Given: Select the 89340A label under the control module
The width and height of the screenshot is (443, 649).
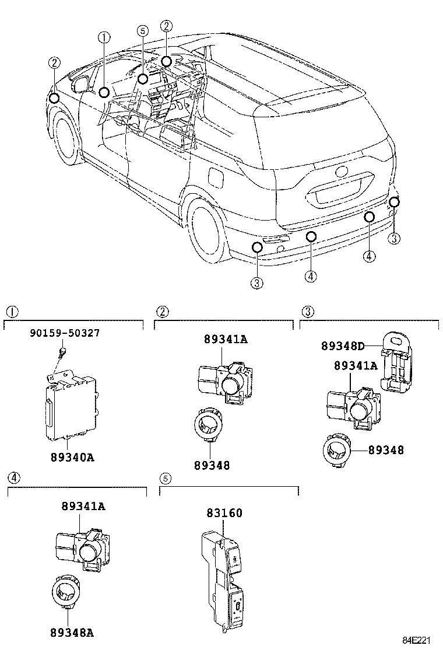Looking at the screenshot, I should [x=69, y=457].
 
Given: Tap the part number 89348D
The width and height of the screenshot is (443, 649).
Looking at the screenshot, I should [x=343, y=346].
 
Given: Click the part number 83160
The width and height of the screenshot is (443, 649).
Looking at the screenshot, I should [x=224, y=513].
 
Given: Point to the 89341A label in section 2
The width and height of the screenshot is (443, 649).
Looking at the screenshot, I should [x=226, y=339].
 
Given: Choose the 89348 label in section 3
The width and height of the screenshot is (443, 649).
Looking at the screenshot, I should [x=386, y=450].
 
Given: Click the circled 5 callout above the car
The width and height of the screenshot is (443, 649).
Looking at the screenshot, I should [x=142, y=31].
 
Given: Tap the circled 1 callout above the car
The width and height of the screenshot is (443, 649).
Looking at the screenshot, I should [x=104, y=38].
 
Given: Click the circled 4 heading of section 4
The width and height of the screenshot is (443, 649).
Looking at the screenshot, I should [x=14, y=477].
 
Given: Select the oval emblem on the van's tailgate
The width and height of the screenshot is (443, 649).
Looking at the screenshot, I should [x=341, y=173].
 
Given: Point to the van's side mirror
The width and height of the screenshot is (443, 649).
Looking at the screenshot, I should [x=79, y=83].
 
